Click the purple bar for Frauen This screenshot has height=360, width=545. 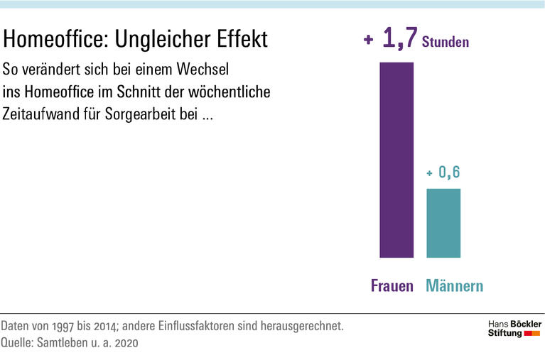[x=396, y=160]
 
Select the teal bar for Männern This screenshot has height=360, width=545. [x=443, y=223]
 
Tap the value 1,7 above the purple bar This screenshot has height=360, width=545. [x=398, y=39]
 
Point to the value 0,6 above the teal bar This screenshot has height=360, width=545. [x=449, y=172]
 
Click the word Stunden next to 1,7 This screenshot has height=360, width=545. [x=446, y=43]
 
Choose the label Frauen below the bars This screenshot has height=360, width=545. [x=392, y=286]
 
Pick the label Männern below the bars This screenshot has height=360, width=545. [x=455, y=286]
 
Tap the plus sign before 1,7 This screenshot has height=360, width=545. [x=368, y=41]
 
